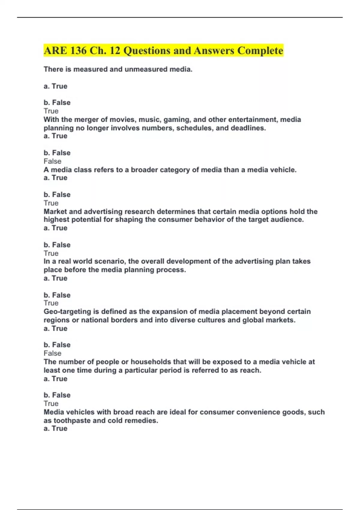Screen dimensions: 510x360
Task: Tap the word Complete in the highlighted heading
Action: coord(260,50)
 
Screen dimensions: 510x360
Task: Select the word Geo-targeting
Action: coord(67,312)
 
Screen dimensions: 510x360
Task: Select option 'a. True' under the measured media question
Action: coord(55,86)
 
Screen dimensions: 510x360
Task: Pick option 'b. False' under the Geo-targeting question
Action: coord(57,345)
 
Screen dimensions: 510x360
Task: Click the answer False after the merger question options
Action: coord(52,161)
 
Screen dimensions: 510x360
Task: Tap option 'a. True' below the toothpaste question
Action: coord(55,429)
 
